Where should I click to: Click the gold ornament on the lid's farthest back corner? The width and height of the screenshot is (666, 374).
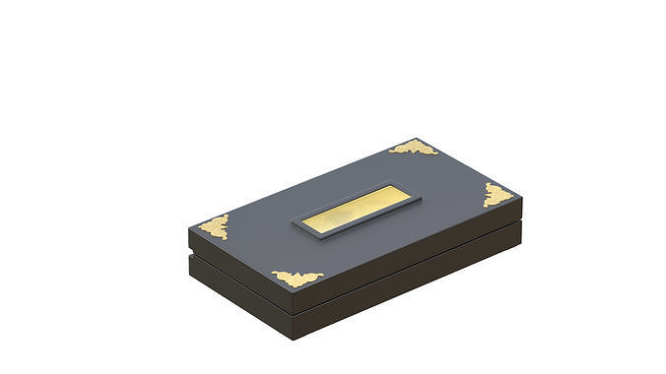(414, 148)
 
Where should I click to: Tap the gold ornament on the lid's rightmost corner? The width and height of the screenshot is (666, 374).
(498, 194)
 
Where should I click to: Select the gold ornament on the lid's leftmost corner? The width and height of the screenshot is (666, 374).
(214, 226)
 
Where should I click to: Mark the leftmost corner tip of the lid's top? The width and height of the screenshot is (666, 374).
(188, 230)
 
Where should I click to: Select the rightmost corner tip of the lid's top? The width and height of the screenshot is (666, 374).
(521, 200)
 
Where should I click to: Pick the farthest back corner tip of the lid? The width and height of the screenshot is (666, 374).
(418, 138)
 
